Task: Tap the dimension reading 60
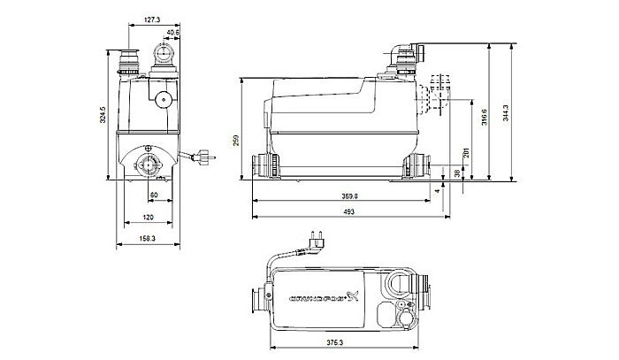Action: (153, 194)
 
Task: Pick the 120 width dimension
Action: (149, 217)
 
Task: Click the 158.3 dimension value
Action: (147, 238)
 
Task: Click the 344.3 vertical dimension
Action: (506, 112)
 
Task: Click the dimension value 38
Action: (456, 174)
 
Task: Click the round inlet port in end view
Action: (148, 163)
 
